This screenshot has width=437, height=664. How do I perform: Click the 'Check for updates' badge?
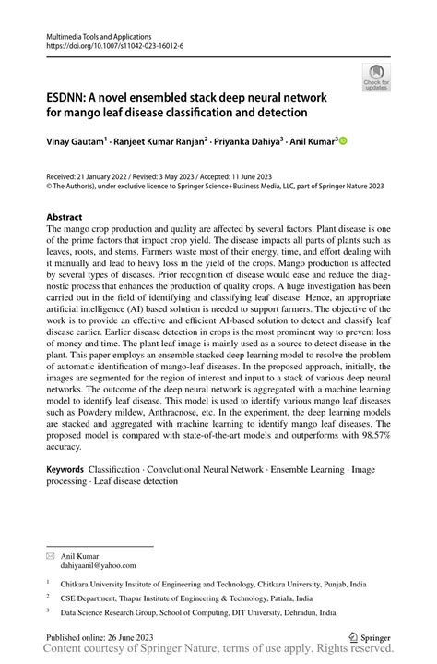(375, 78)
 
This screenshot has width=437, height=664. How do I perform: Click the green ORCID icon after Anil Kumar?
(343, 141)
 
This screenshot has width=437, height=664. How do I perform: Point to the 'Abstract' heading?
(70, 218)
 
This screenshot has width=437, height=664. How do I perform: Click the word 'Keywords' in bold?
(70, 469)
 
